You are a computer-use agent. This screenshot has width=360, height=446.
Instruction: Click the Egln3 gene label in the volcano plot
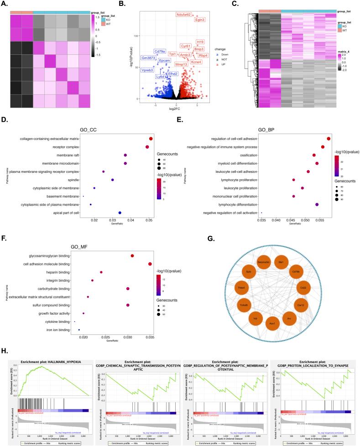tap(200, 20)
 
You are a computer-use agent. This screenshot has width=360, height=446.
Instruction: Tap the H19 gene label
tap(200, 42)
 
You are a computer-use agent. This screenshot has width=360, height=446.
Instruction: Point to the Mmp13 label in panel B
tap(181, 64)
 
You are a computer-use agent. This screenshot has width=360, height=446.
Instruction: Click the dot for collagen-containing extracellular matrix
tap(151, 138)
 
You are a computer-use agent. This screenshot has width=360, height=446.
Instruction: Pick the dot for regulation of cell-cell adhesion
tap(329, 138)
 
